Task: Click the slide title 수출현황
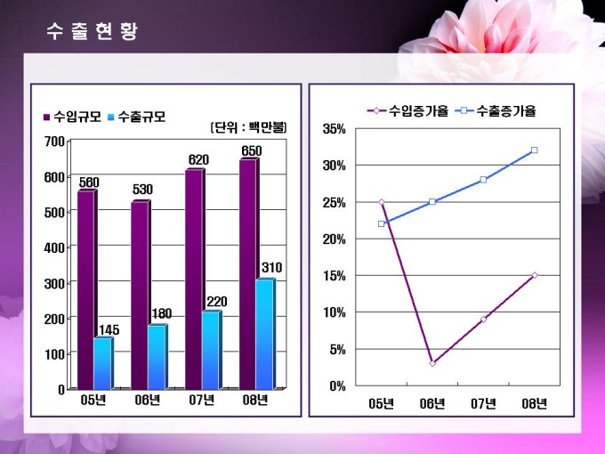point(92,31)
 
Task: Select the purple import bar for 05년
point(85,289)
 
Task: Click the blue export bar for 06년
point(156,356)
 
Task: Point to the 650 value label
point(252,150)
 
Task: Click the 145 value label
point(109,330)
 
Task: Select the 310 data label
point(272,268)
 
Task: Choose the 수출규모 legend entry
point(135,117)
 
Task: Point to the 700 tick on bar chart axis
point(53,142)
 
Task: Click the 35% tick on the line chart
point(334,129)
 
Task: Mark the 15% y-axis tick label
point(334,275)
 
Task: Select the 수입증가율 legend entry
point(407,111)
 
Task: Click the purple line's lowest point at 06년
point(432,363)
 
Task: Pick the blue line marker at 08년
point(534,150)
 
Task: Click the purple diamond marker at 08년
point(534,275)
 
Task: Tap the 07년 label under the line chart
point(483,403)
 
